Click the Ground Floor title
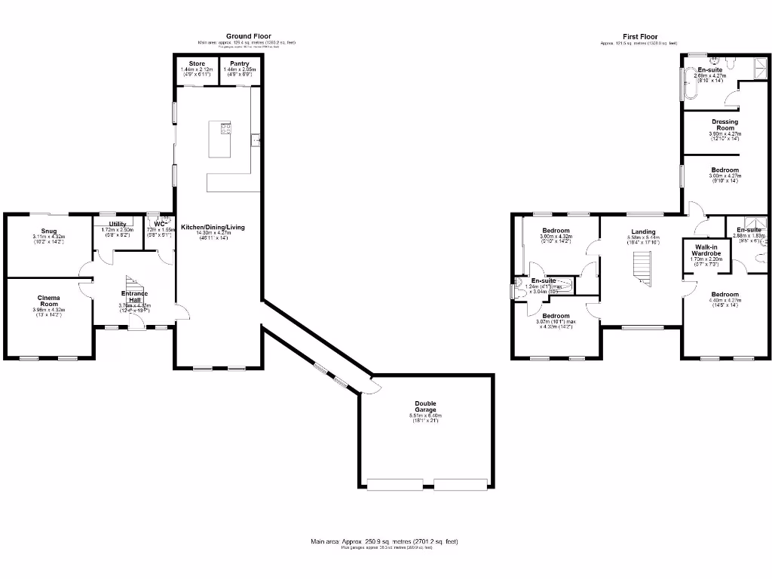tap(249, 35)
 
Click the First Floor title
tap(639, 36)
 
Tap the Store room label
tap(197, 63)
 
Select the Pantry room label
tap(240, 63)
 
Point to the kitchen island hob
tap(225, 128)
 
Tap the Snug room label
tap(50, 231)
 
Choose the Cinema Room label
tap(50, 300)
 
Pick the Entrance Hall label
tap(135, 296)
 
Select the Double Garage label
tap(426, 406)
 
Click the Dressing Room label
tap(725, 124)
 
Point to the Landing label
tap(643, 231)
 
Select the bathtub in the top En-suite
tap(691, 84)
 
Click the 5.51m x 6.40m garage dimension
tap(426, 415)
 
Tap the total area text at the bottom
tap(384, 541)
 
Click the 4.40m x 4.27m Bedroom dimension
tap(725, 301)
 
